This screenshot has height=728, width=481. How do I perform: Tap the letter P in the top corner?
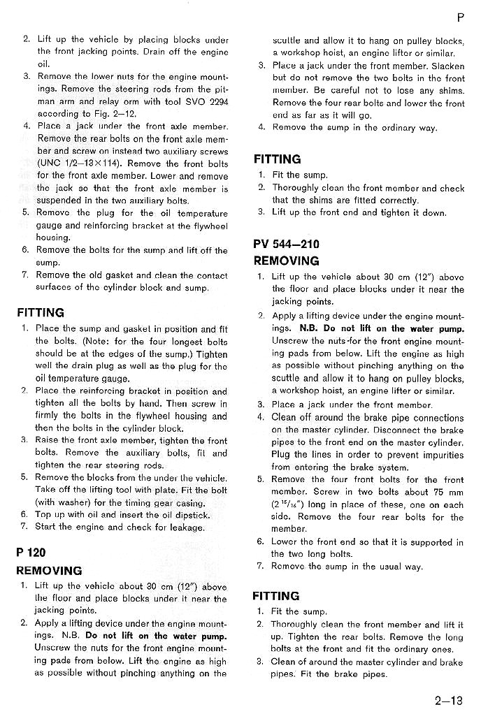pos(461,16)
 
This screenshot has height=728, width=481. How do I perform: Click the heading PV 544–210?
pos(286,245)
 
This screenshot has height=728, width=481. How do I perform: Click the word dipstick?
pos(190,515)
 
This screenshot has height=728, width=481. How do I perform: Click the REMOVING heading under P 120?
pos(49,570)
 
